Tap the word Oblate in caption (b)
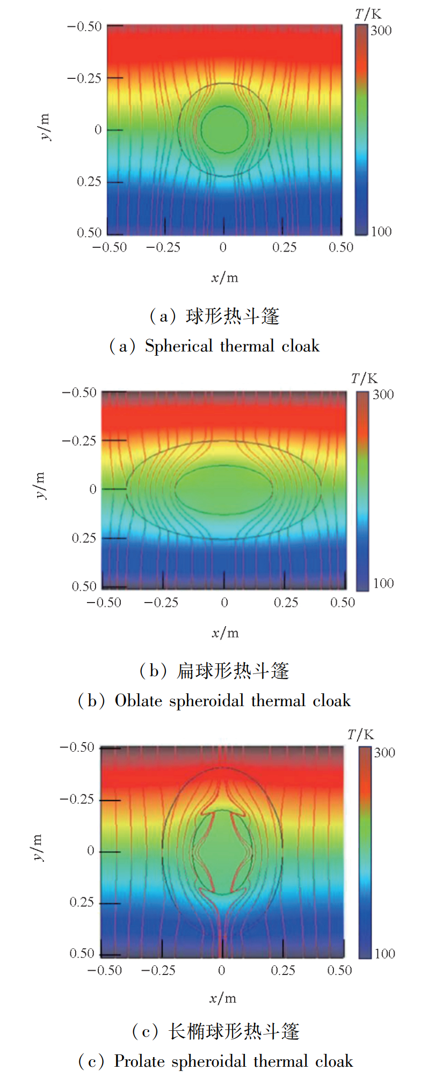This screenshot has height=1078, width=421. (138, 701)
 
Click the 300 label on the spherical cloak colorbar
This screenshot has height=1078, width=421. (381, 31)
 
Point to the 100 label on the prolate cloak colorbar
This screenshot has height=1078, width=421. (384, 954)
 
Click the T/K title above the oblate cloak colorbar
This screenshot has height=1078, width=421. (364, 379)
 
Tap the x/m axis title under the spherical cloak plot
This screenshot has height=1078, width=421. (224, 277)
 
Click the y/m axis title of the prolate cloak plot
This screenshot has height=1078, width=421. (37, 847)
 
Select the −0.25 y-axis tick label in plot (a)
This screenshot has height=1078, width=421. (84, 78)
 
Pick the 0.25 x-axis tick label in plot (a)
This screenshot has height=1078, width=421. (284, 247)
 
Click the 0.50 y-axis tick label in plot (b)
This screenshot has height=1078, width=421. (84, 586)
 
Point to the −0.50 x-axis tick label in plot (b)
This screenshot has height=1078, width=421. (104, 603)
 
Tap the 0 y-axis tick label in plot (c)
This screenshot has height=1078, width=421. (91, 850)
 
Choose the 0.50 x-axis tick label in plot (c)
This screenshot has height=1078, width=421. (339, 970)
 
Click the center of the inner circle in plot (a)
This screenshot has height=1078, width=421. (224, 129)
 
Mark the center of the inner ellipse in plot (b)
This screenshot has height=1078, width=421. (224, 489)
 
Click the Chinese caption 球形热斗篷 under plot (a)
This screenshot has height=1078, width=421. (233, 317)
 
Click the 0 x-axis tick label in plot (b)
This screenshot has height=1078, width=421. (224, 603)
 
